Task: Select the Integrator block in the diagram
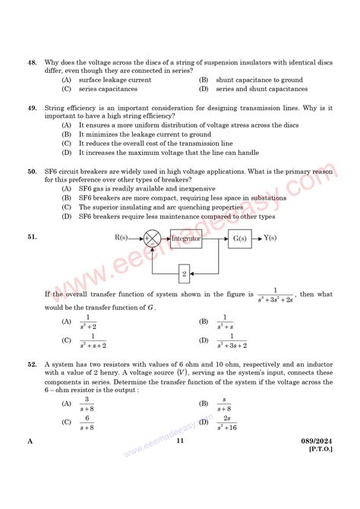(185, 238)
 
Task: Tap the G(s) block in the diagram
(239, 238)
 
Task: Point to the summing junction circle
(152, 239)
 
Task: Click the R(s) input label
(122, 238)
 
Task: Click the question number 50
(32, 172)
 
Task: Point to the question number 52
(32, 365)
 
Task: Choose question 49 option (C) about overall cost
(147, 143)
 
